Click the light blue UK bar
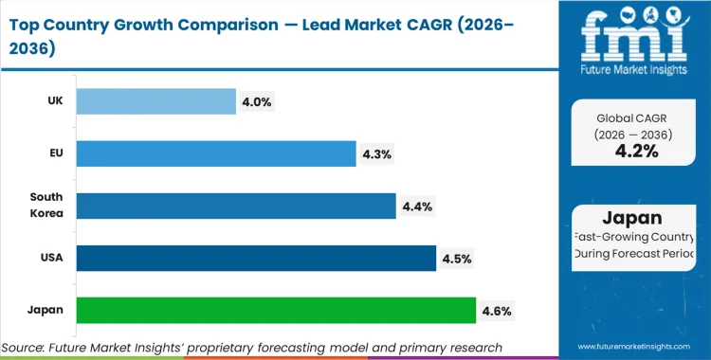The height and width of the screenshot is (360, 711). point(155,101)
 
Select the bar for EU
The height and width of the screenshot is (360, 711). point(216,153)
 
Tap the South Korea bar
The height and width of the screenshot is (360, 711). point(236,206)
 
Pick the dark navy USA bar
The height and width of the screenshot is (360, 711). point(256,258)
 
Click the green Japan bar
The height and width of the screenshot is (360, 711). point(276,310)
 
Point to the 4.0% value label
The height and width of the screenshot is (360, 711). point(257,101)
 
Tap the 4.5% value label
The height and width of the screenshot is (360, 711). point(457,258)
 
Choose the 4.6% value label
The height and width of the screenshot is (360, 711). point(497,310)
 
